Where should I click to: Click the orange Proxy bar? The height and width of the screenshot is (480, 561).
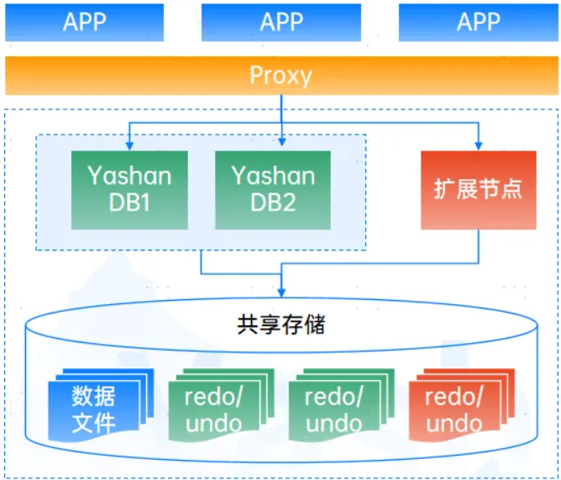(x=280, y=76)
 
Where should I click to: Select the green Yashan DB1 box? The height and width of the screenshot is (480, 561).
(x=128, y=190)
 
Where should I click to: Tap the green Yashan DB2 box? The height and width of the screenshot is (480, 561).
(x=273, y=190)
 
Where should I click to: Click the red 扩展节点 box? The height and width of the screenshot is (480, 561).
(x=478, y=189)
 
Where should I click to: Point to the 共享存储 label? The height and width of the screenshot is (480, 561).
(x=280, y=324)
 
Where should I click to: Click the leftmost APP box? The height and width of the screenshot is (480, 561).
(x=85, y=22)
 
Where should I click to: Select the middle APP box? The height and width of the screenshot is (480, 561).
(x=280, y=22)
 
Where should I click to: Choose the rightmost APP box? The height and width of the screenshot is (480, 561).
(x=478, y=22)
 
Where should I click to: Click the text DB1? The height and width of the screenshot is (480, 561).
(x=128, y=203)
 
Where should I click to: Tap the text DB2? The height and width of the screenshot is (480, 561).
(x=273, y=203)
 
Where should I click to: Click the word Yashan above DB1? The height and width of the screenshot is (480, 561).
(x=128, y=177)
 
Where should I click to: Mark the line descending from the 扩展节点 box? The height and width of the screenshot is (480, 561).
(x=479, y=248)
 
